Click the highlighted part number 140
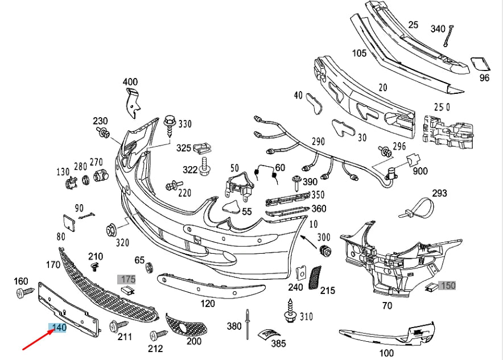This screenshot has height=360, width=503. (x=59, y=328)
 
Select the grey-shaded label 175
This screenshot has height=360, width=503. (x=127, y=279)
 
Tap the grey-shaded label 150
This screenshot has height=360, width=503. (x=448, y=285)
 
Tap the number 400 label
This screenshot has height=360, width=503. (x=130, y=82)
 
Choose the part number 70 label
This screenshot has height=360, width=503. (x=387, y=305)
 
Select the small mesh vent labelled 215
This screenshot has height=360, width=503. (x=314, y=278)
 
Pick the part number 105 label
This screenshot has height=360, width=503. (x=359, y=53)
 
